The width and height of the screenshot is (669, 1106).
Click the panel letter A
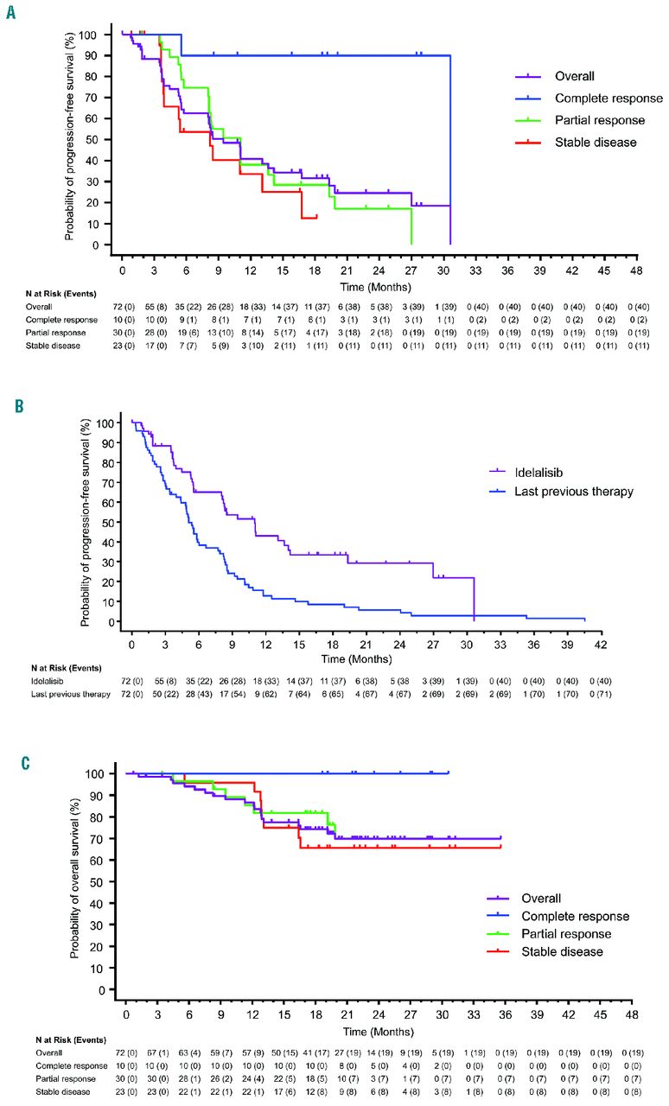(10, 16)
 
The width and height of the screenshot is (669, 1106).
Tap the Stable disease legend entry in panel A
(585, 142)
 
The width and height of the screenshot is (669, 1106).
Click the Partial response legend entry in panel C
(566, 935)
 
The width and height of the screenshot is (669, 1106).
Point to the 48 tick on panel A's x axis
(637, 270)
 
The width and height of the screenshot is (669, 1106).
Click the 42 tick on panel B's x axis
(599, 645)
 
